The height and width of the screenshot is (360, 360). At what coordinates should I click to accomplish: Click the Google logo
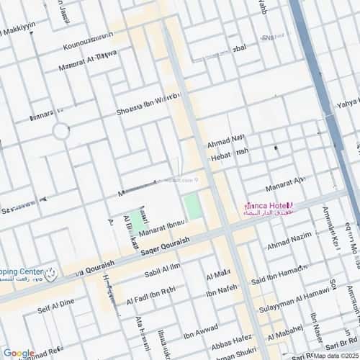[x=18, y=353]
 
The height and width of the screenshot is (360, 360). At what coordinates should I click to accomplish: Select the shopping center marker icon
[x=50, y=273]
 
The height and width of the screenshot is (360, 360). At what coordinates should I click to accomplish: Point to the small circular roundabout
[x=60, y=132]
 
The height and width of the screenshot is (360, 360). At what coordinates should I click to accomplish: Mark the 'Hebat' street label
[x=228, y=153]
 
